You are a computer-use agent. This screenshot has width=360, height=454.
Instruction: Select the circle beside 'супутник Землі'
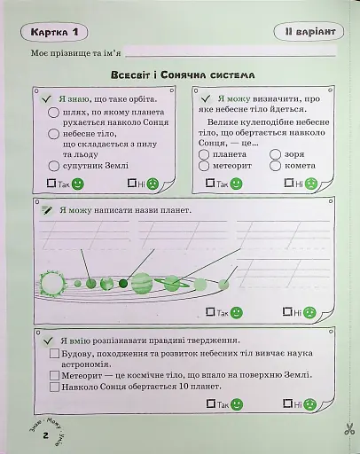[x=53, y=165]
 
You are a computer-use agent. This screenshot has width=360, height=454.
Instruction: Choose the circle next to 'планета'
[x=204, y=153]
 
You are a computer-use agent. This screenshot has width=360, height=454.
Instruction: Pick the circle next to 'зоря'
[x=275, y=153]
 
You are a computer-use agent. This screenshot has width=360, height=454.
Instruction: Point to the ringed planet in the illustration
[x=171, y=284]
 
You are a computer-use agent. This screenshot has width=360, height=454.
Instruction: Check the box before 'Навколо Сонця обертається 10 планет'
[x=54, y=387]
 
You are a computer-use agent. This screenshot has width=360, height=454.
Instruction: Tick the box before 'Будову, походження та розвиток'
[x=54, y=354]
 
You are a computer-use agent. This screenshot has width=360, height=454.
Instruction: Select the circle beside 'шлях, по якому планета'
[x=53, y=113]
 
